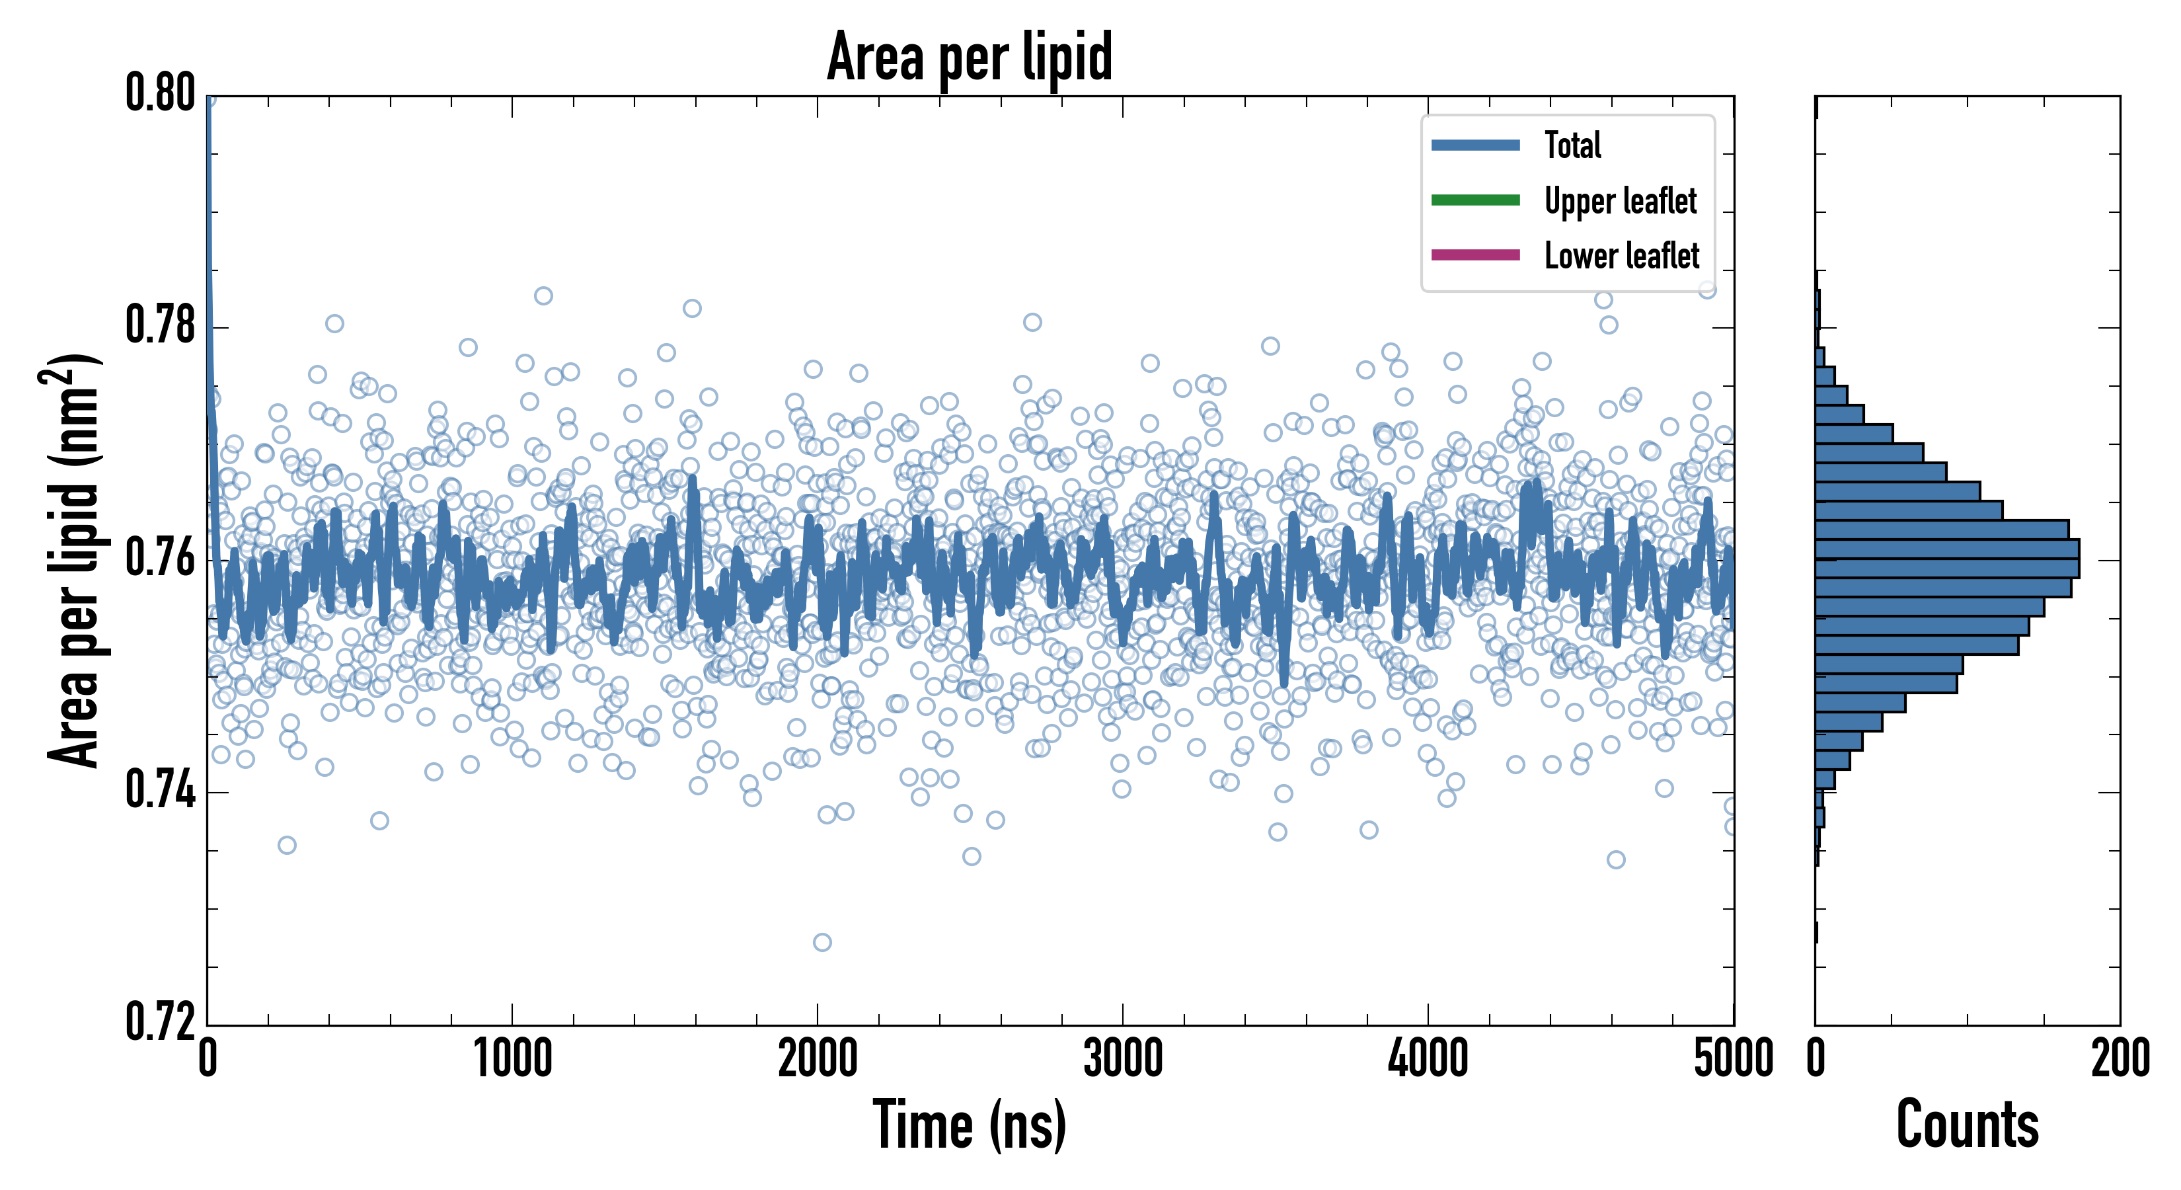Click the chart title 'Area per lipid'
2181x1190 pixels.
pyautogui.click(x=970, y=56)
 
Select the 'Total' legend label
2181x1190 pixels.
pyautogui.click(x=1572, y=145)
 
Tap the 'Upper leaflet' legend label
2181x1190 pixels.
pyautogui.click(x=1620, y=201)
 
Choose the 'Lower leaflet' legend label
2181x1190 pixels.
pyautogui.click(x=1621, y=255)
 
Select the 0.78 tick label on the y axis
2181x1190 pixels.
pyautogui.click(x=161, y=325)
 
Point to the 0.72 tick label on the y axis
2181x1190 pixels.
pyautogui.click(x=161, y=1021)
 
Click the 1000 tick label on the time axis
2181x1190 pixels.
pyautogui.click(x=512, y=1058)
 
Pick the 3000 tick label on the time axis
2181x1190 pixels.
pyautogui.click(x=1123, y=1058)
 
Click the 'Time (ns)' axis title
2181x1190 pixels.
pyautogui.click(x=970, y=1125)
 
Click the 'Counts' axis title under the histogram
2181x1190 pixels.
pyautogui.click(x=1967, y=1125)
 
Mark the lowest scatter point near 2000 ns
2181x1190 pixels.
pyautogui.click(x=822, y=943)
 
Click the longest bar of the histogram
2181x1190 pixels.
pyautogui.click(x=1947, y=559)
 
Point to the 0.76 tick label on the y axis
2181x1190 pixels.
pyautogui.click(x=161, y=558)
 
